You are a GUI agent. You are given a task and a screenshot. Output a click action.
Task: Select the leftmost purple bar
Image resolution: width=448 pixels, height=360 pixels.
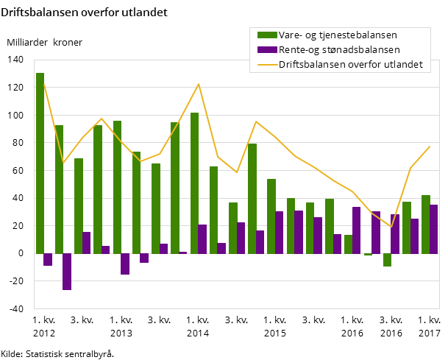(x=48, y=259)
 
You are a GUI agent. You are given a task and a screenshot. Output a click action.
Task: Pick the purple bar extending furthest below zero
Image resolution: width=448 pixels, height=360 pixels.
(x=67, y=271)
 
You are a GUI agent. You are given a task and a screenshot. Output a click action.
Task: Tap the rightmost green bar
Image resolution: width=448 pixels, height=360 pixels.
(x=425, y=224)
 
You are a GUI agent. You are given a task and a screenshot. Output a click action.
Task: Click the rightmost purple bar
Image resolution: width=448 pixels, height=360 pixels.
(x=433, y=229)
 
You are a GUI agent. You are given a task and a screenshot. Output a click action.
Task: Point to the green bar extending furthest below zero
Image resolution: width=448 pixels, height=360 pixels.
(x=387, y=259)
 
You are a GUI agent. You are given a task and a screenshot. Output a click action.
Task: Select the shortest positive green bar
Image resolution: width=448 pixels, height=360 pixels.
(x=348, y=244)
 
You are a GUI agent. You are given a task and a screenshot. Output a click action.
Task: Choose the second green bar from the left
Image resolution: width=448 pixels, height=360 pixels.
(x=59, y=188)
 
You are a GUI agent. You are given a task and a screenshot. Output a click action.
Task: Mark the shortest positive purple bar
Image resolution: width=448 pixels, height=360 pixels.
(x=182, y=253)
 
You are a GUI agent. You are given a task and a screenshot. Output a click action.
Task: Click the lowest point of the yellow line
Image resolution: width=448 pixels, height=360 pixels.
(x=391, y=227)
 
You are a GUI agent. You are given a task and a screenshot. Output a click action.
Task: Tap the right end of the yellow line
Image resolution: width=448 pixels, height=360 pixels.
(x=430, y=146)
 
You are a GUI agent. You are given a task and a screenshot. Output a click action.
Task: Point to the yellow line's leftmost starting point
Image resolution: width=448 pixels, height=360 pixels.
(x=44, y=83)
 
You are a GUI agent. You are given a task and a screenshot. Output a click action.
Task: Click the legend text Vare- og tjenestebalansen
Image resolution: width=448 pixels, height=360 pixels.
(x=328, y=35)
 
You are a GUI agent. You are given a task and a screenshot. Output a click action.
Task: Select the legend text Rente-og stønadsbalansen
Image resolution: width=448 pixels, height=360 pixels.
(x=328, y=50)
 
